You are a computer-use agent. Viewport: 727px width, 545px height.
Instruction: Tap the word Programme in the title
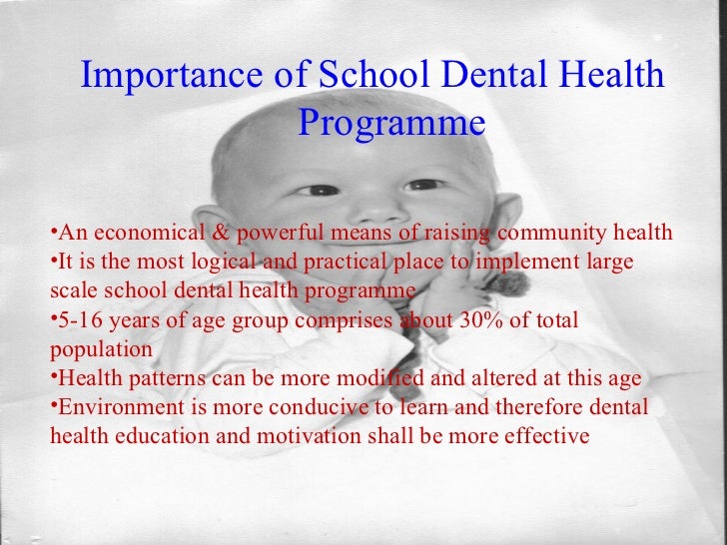[391, 125]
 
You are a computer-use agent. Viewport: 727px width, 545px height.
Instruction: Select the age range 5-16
[77, 320]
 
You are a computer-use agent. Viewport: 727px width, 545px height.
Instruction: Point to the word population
[100, 350]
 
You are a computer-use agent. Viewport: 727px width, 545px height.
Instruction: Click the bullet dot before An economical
[53, 234]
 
